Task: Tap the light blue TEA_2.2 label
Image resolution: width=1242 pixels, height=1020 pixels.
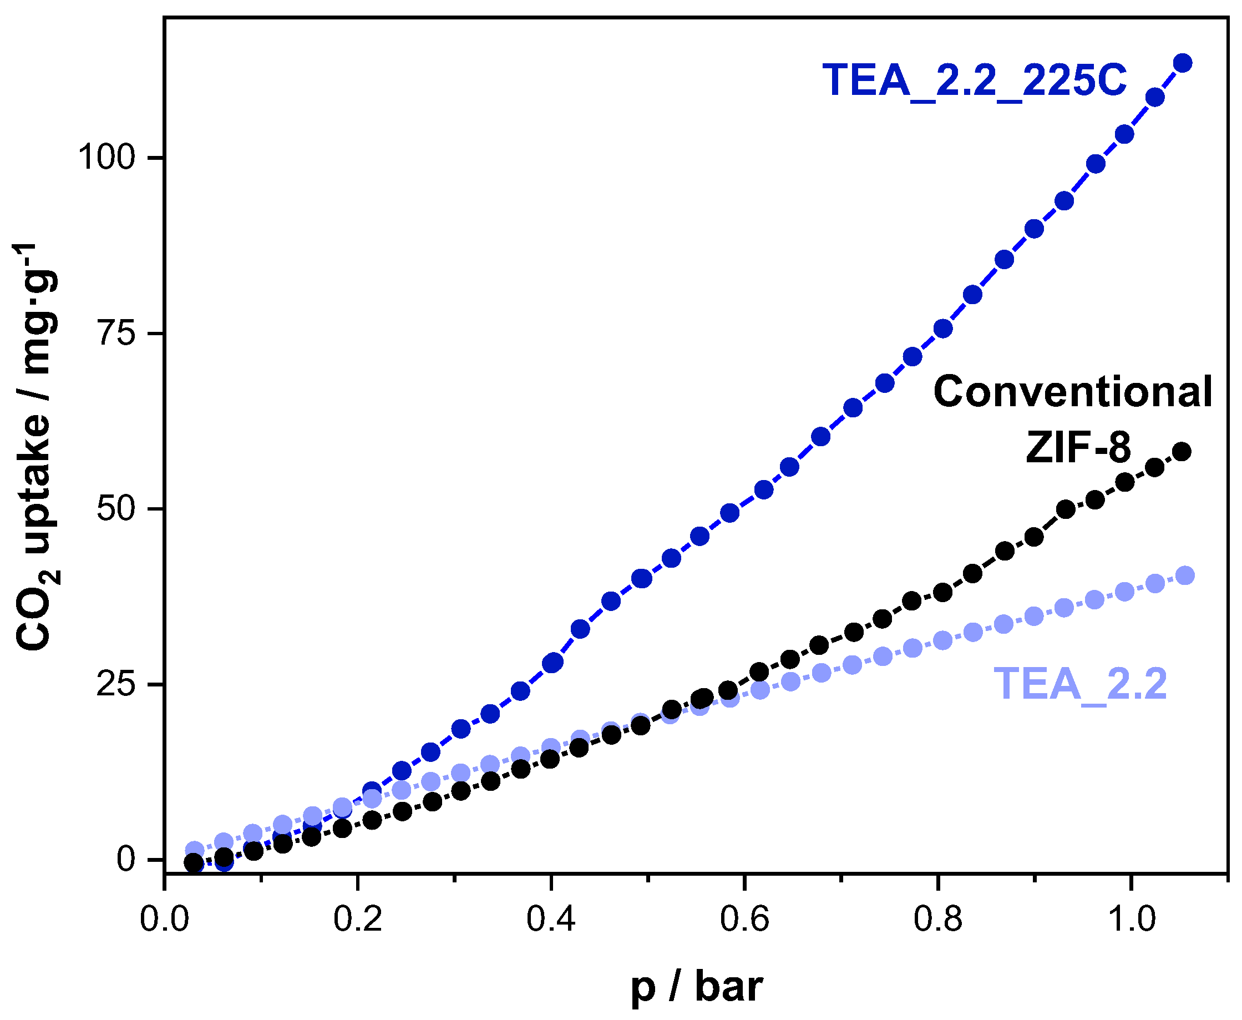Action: tap(1080, 684)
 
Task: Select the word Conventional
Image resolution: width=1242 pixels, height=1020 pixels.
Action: tap(1072, 392)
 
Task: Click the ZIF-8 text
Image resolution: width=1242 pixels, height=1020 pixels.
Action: tap(1078, 447)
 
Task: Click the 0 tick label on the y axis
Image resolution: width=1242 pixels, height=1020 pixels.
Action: tap(126, 860)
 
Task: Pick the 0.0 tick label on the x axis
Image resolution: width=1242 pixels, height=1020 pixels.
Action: tap(164, 919)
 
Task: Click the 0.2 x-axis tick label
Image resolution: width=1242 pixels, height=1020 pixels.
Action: tap(358, 919)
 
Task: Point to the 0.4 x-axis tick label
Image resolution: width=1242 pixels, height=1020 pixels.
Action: tap(551, 919)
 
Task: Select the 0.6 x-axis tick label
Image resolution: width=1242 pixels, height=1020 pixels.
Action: tap(744, 919)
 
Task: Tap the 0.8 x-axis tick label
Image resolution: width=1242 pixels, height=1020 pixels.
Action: tap(937, 919)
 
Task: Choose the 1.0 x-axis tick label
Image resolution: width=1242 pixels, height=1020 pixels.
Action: tap(1131, 919)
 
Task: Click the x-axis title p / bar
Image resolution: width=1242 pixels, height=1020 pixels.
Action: tap(697, 987)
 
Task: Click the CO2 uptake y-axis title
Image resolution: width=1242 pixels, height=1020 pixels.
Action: tap(37, 447)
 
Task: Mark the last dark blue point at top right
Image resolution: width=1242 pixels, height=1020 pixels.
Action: tap(1183, 63)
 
